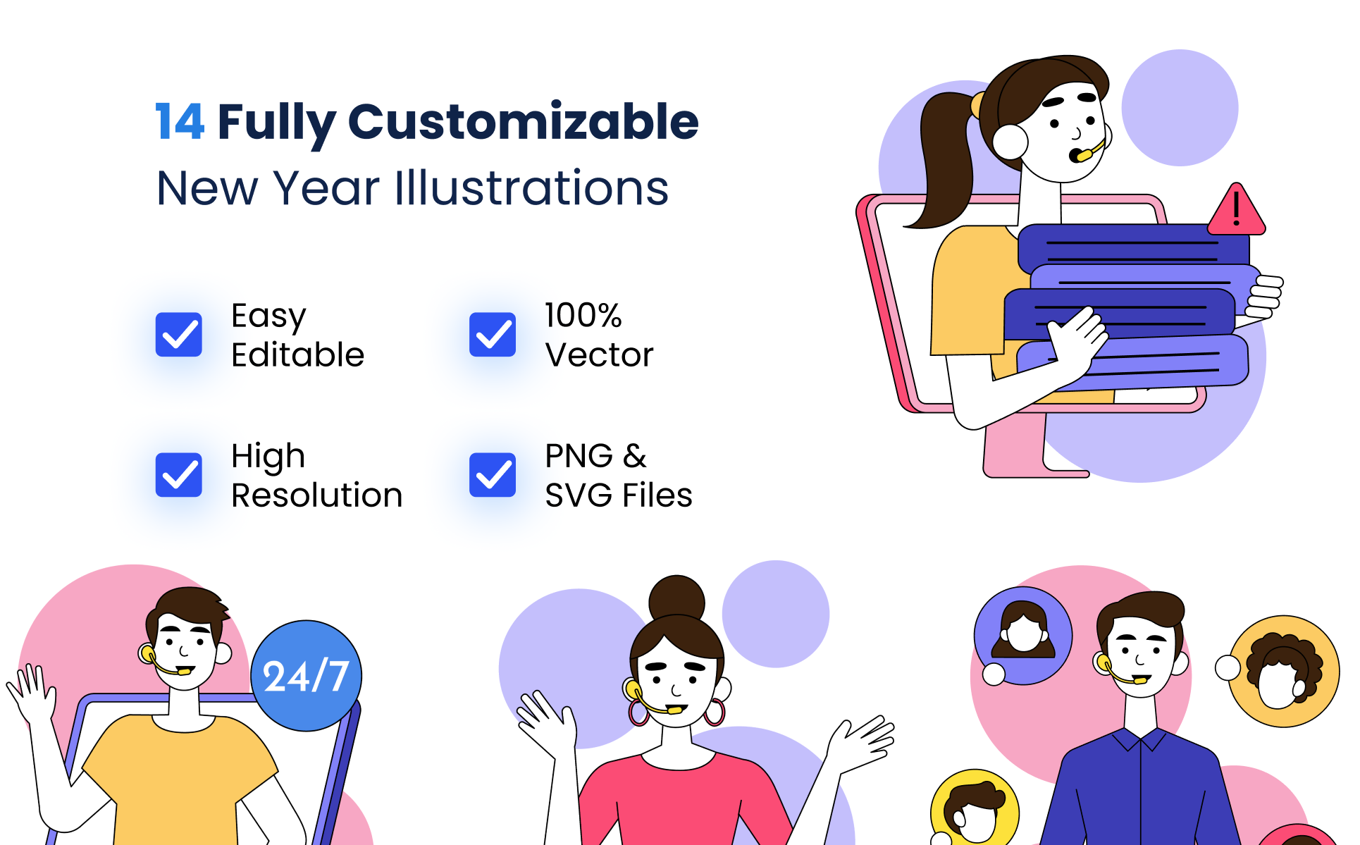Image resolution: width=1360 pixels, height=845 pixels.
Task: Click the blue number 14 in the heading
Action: click(180, 121)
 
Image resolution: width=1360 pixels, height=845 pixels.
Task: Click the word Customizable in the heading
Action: click(523, 121)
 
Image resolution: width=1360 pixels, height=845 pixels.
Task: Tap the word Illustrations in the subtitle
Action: click(531, 188)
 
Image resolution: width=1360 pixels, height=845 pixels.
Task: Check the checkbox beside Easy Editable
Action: click(179, 334)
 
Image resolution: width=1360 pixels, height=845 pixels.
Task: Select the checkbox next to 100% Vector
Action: click(493, 334)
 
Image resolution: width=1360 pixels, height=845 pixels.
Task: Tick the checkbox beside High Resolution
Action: click(179, 474)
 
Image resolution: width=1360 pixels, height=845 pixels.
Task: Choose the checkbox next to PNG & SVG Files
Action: click(493, 474)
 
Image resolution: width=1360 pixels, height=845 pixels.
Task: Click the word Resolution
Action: click(317, 495)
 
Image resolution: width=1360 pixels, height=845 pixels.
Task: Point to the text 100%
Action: click(583, 315)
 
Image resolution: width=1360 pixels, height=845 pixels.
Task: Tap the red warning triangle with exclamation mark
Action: click(1237, 210)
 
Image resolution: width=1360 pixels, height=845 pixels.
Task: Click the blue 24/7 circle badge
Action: click(307, 676)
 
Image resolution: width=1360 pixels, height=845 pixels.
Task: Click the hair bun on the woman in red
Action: click(676, 598)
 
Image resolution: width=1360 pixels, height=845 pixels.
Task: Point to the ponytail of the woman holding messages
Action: click(941, 162)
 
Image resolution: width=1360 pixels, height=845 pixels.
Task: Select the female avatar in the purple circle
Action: click(1023, 635)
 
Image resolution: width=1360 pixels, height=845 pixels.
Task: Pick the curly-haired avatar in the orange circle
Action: click(1284, 671)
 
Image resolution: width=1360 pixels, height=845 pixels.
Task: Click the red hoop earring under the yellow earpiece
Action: click(639, 712)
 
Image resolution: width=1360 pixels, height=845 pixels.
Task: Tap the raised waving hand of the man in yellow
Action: click(30, 694)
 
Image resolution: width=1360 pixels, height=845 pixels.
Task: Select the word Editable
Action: click(298, 354)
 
